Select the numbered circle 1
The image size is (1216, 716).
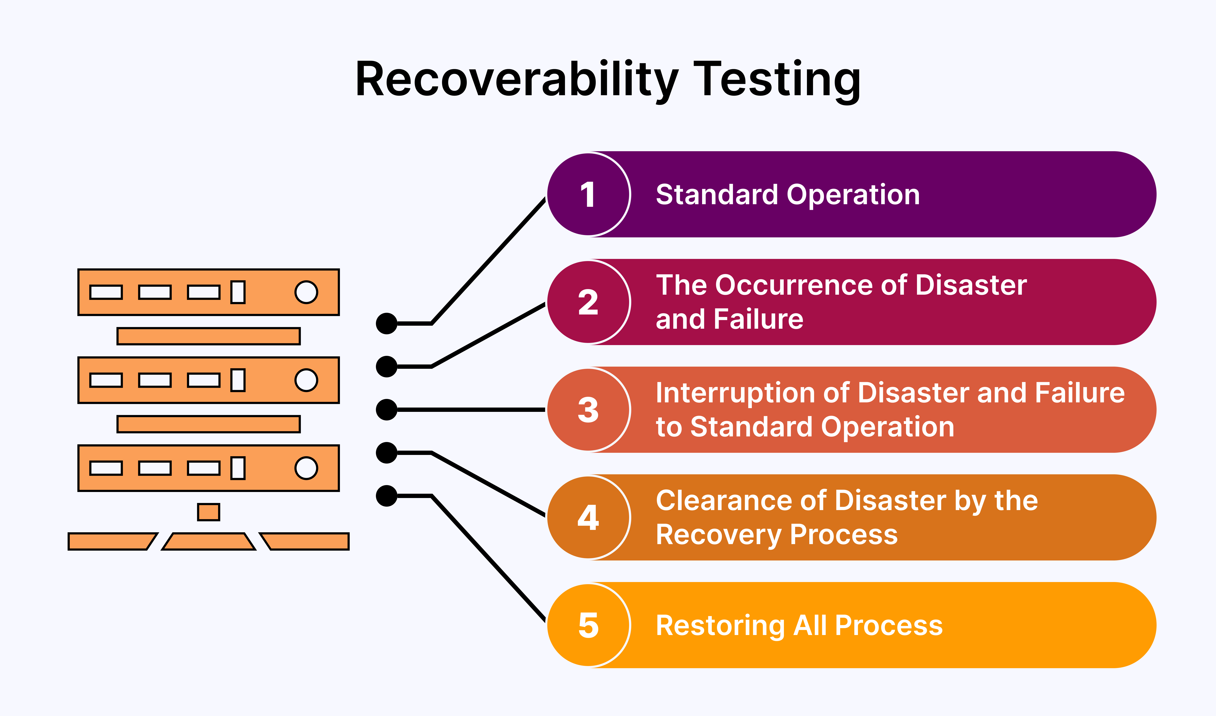pyautogui.click(x=588, y=194)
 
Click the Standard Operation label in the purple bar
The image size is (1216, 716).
pyautogui.click(x=788, y=195)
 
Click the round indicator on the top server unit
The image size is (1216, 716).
pyautogui.click(x=306, y=292)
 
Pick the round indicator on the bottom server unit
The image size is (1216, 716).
pyautogui.click(x=306, y=468)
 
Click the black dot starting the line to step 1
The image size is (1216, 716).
pyautogui.click(x=386, y=324)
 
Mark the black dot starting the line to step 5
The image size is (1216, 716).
pyautogui.click(x=386, y=496)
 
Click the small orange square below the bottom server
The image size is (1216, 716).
pyautogui.click(x=208, y=512)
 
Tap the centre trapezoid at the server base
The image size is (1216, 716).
pyautogui.click(x=208, y=541)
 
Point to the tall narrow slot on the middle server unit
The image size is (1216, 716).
pyautogui.click(x=238, y=380)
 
